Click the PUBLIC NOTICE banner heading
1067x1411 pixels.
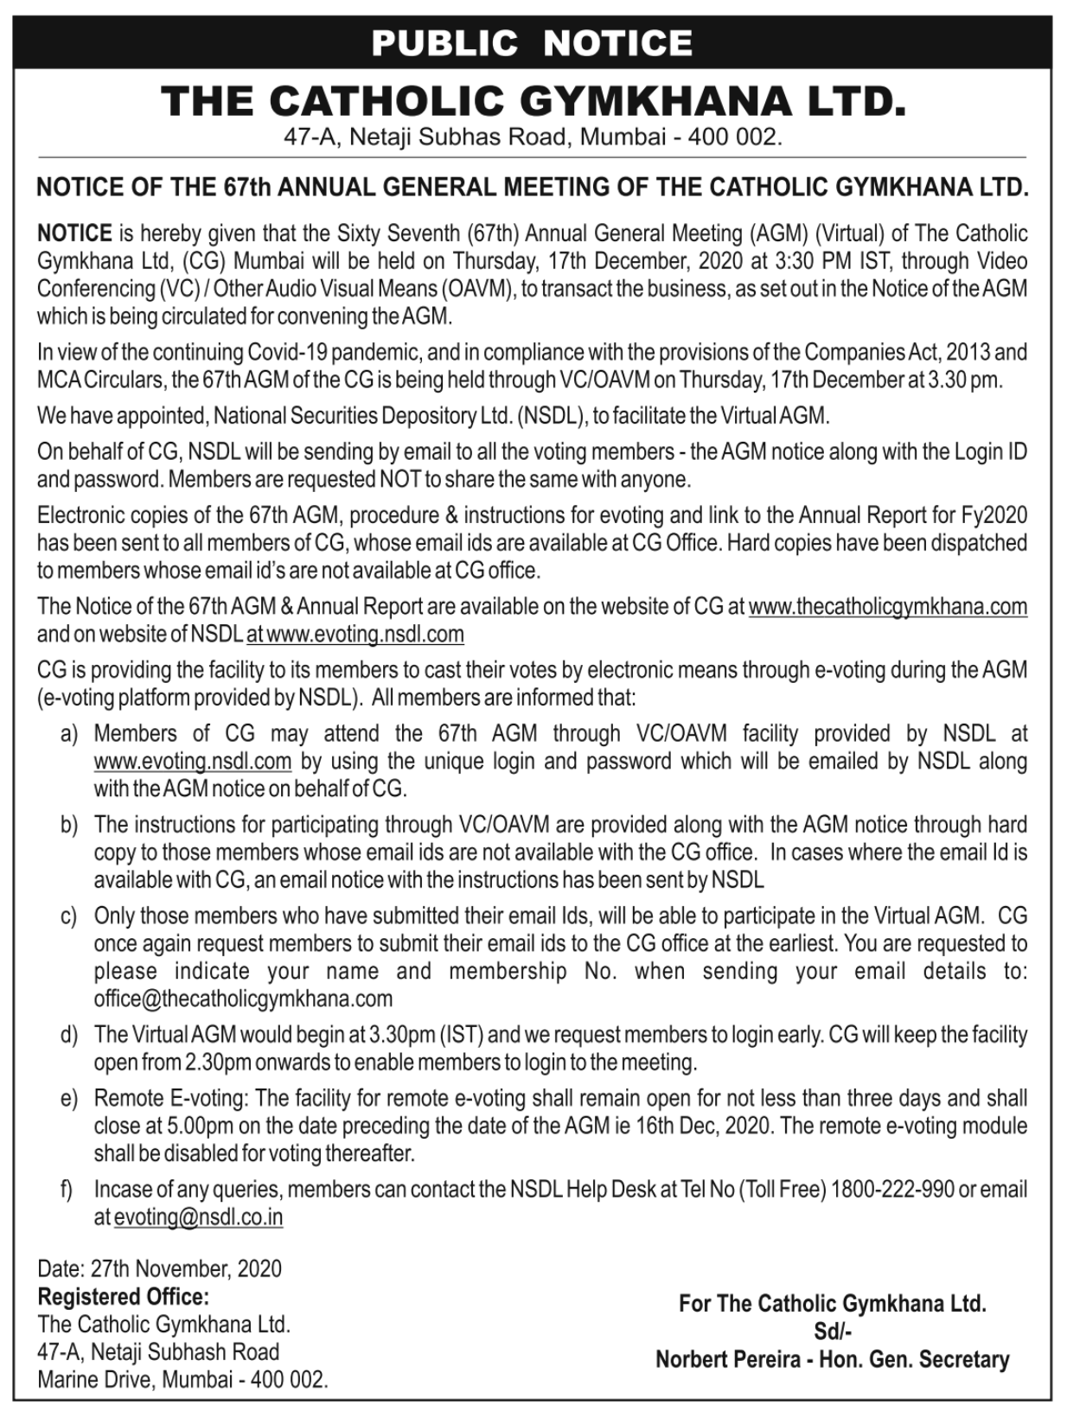(532, 42)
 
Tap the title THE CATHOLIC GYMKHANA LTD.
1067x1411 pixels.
(533, 100)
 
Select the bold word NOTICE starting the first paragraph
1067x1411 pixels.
(74, 233)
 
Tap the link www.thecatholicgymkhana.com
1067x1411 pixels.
(887, 607)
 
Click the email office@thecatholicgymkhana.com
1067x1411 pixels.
(243, 999)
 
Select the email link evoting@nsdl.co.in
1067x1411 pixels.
(198, 1217)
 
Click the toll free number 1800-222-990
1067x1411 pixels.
(892, 1190)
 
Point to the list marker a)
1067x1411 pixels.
(69, 734)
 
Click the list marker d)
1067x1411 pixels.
(69, 1035)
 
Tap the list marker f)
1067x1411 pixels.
(67, 1190)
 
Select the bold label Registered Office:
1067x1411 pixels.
(123, 1297)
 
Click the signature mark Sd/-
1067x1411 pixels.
(832, 1331)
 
